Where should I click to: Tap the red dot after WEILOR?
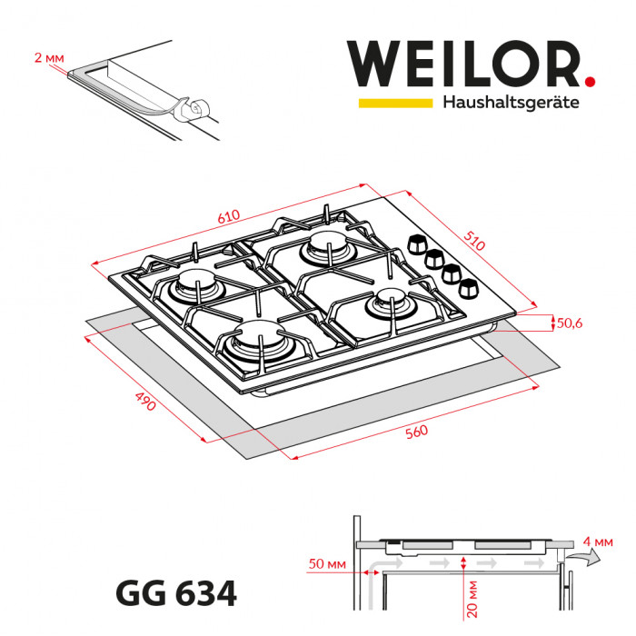[591, 82]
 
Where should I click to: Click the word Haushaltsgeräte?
[511, 104]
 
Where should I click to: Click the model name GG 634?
[176, 594]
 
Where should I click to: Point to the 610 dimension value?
[228, 216]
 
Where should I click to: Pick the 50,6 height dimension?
[571, 323]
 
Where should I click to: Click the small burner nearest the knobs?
[386, 303]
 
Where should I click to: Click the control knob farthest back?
[418, 243]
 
